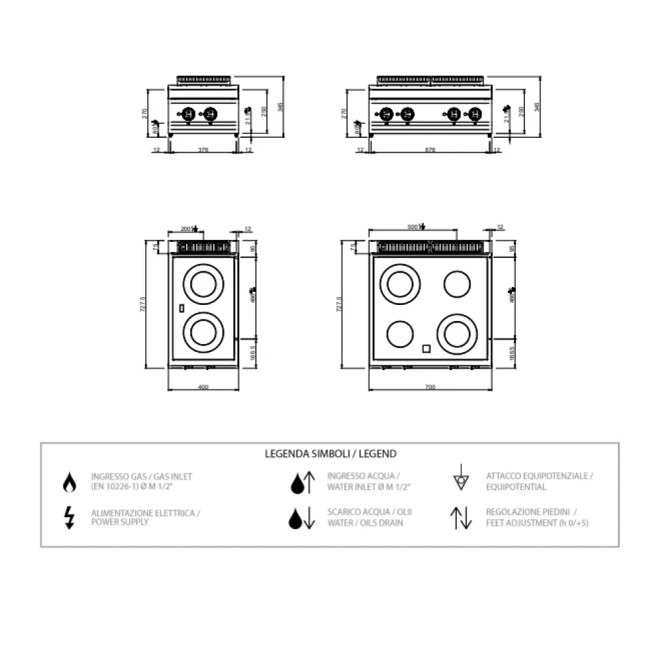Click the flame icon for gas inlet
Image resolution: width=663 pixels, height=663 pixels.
[69, 483]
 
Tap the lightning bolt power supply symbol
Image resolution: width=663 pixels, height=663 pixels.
[69, 517]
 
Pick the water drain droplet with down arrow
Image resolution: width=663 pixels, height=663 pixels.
[302, 518]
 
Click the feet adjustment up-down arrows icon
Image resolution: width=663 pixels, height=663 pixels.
[461, 518]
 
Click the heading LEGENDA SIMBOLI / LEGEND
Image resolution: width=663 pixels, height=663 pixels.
[330, 454]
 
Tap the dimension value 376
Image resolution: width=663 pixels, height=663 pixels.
[204, 151]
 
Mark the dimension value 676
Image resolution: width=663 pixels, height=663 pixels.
[430, 151]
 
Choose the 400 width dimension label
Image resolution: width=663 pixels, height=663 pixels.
[203, 387]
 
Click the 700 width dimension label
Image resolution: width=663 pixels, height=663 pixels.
[430, 387]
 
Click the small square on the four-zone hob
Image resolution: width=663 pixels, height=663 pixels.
[427, 348]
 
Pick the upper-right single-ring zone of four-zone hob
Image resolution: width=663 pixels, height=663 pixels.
[457, 285]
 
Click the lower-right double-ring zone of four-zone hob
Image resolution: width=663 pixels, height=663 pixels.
[457, 334]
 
